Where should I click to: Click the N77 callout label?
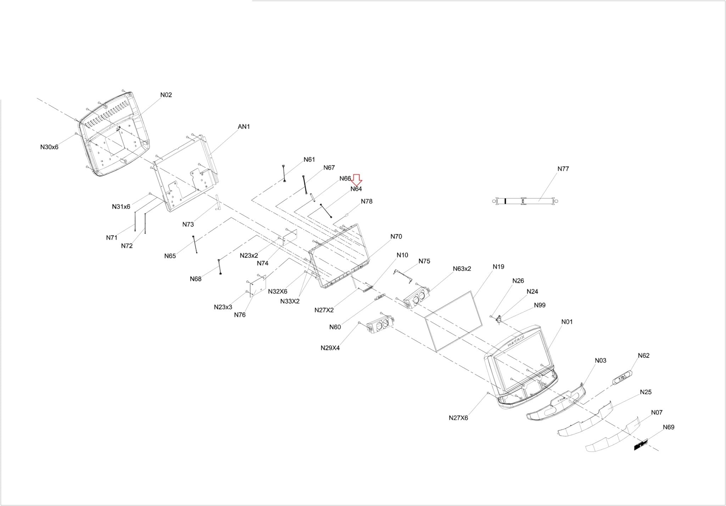click(563, 169)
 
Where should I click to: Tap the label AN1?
click(244, 126)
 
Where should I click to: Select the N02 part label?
click(166, 95)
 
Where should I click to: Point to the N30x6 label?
click(49, 147)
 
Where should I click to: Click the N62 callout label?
click(643, 355)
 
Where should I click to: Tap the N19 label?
click(498, 266)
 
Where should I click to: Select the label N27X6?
click(458, 418)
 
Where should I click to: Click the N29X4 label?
click(330, 348)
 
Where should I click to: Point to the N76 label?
click(240, 315)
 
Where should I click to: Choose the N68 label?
click(195, 279)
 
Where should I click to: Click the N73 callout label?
click(188, 224)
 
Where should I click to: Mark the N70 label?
click(396, 236)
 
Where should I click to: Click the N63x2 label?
click(462, 269)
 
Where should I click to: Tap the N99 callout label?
click(540, 305)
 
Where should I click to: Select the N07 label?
click(657, 412)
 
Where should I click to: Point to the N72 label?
click(127, 246)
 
